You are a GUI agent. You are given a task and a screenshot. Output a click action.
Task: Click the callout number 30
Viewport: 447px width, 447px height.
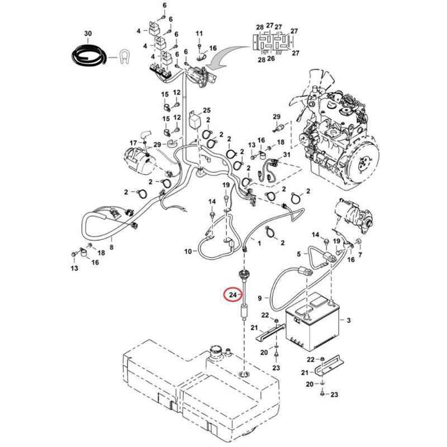(88, 34)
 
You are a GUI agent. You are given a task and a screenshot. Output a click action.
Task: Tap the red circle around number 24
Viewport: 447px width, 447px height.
(230, 294)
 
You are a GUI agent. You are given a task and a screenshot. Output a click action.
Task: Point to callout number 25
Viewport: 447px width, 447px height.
(207, 111)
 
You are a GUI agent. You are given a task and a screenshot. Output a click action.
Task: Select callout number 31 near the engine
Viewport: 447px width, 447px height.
(287, 155)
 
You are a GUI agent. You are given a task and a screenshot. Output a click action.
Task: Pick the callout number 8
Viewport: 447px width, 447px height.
(111, 246)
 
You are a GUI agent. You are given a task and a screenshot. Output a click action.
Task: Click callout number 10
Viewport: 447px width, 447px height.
(188, 251)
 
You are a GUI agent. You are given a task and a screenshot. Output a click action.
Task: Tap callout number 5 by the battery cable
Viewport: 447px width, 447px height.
(299, 254)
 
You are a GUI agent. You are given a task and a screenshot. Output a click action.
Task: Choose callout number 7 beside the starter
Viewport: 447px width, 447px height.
(360, 255)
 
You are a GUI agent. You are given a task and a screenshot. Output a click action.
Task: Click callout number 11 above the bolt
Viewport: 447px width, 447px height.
(199, 35)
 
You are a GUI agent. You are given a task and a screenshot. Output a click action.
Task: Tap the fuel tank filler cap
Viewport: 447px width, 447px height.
(215, 353)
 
